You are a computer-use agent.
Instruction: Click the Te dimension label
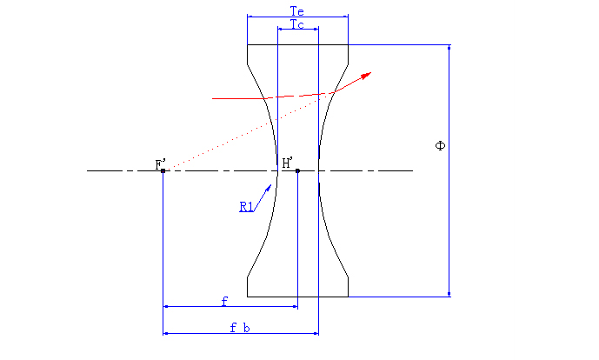click(x=296, y=10)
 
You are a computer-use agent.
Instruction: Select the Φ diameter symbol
click(x=440, y=145)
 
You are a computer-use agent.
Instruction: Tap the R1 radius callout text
click(x=247, y=206)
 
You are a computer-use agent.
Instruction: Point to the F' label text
click(x=160, y=163)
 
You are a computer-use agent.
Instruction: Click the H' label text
click(x=288, y=163)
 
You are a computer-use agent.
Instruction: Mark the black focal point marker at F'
click(x=163, y=170)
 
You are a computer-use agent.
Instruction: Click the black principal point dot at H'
click(x=297, y=170)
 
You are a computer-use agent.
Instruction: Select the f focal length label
click(x=224, y=301)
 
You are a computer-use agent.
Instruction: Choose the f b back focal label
click(x=240, y=328)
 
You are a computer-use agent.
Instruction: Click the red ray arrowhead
click(x=367, y=76)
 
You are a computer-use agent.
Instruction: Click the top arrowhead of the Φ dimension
click(x=449, y=50)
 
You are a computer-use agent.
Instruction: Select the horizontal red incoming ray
click(x=243, y=98)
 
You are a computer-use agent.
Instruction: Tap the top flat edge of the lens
click(x=297, y=44)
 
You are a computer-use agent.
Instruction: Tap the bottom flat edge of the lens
click(x=297, y=297)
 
